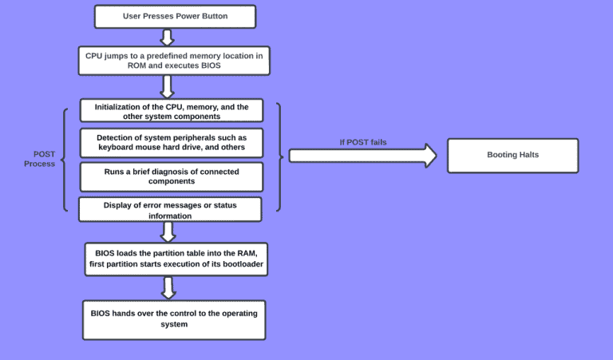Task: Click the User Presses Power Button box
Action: tap(175, 17)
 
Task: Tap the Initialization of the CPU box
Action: tap(172, 111)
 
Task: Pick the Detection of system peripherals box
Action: tap(172, 142)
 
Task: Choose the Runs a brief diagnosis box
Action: tap(172, 176)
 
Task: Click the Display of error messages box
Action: tap(170, 210)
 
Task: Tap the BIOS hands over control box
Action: tap(173, 319)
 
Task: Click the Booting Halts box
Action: tap(512, 155)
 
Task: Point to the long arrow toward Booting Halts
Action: tap(362, 155)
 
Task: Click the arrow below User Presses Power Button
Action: tap(167, 38)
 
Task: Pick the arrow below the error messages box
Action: tap(168, 231)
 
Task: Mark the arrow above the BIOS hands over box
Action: tap(168, 287)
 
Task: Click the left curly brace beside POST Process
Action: tap(65, 159)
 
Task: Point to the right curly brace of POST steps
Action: tap(278, 156)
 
